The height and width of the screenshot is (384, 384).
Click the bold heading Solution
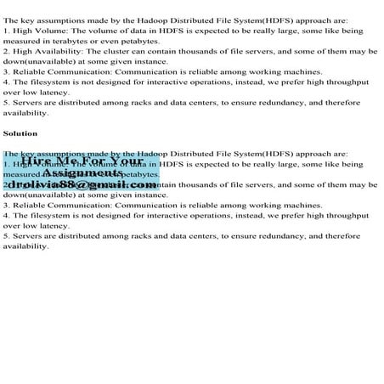[x=20, y=133]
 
